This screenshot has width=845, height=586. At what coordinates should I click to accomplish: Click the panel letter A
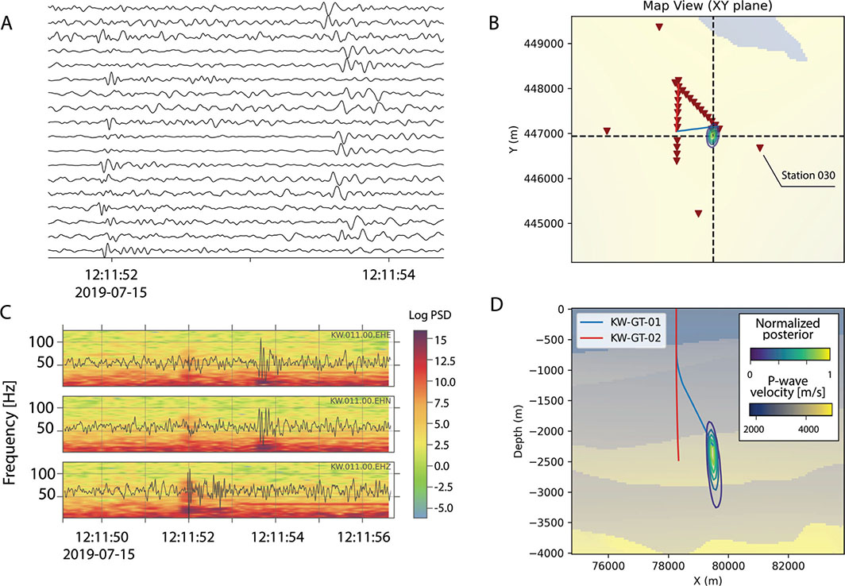(7, 23)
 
